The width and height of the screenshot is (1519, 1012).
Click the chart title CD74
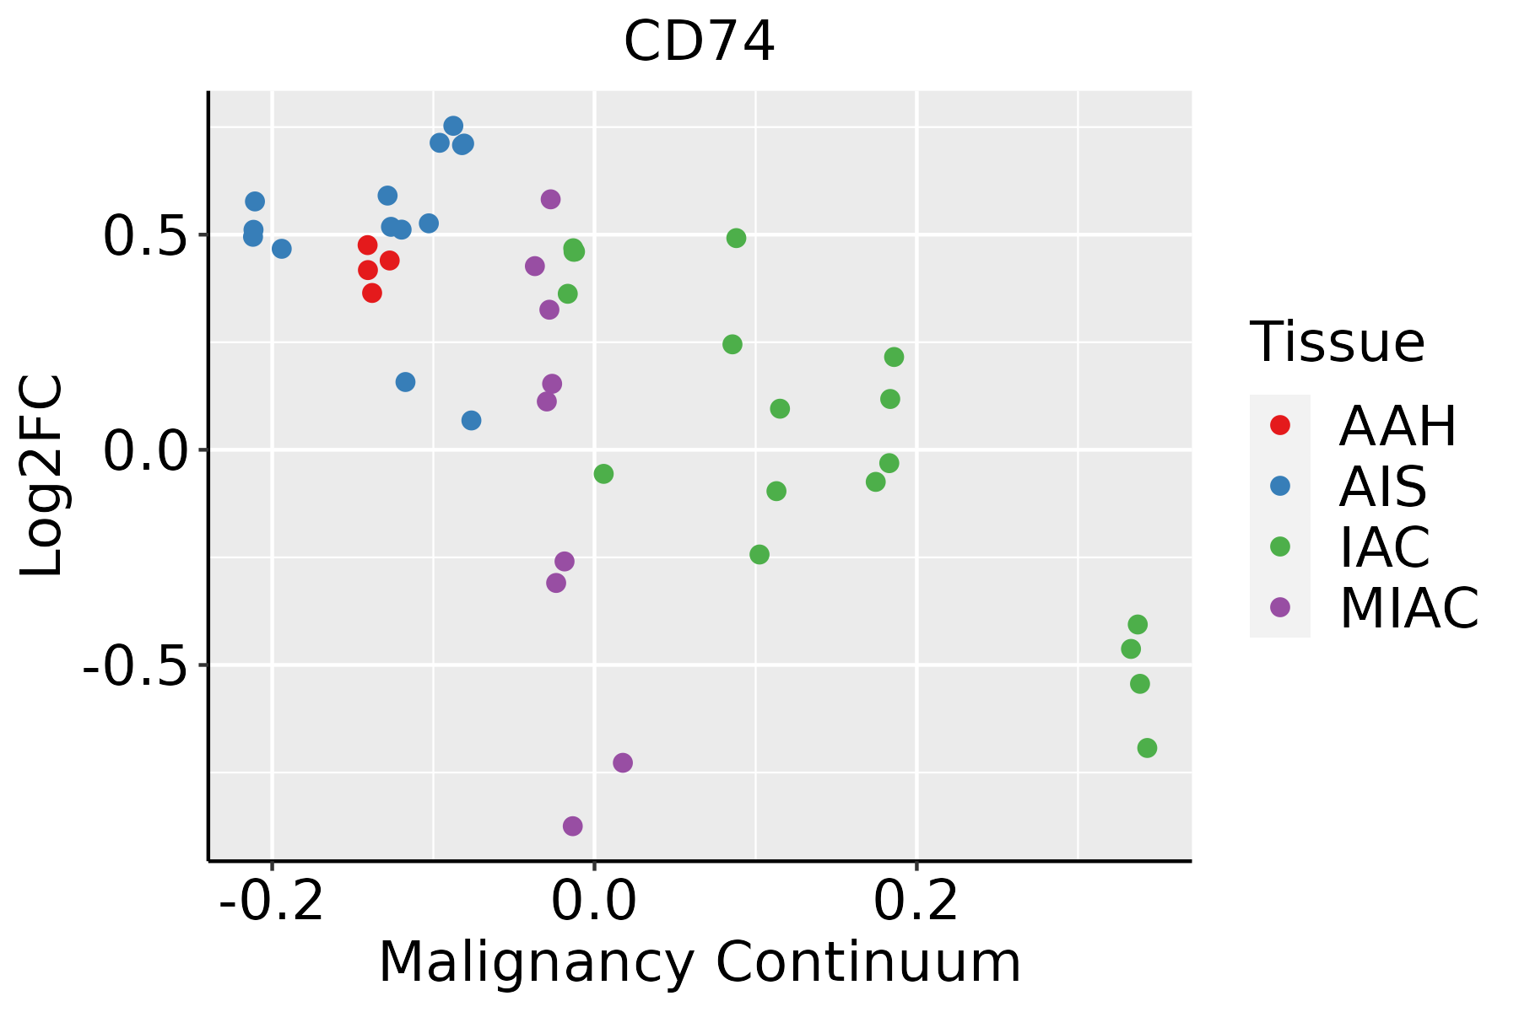(x=699, y=42)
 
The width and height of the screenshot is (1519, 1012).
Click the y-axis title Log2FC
(x=42, y=476)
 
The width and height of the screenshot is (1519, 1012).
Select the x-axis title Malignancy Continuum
(x=700, y=962)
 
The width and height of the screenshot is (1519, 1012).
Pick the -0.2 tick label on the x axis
(x=272, y=901)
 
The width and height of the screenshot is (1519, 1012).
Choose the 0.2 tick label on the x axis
(x=916, y=901)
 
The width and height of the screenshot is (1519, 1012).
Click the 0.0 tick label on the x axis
(x=594, y=901)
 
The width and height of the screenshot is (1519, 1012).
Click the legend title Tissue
(x=1338, y=342)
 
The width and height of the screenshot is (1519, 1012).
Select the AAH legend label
(x=1397, y=426)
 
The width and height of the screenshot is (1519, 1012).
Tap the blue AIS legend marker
(x=1280, y=486)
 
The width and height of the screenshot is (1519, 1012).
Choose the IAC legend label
(x=1385, y=547)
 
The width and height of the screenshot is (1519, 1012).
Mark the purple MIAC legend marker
(x=1280, y=607)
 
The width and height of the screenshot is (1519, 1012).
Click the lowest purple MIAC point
(x=573, y=826)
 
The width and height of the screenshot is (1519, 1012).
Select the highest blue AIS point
(x=453, y=126)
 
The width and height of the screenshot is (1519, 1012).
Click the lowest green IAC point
(x=1147, y=747)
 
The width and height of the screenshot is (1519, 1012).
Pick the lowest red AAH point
(x=372, y=293)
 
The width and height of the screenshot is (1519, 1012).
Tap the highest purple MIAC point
(x=551, y=199)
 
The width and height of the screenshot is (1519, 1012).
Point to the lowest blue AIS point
(x=472, y=420)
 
